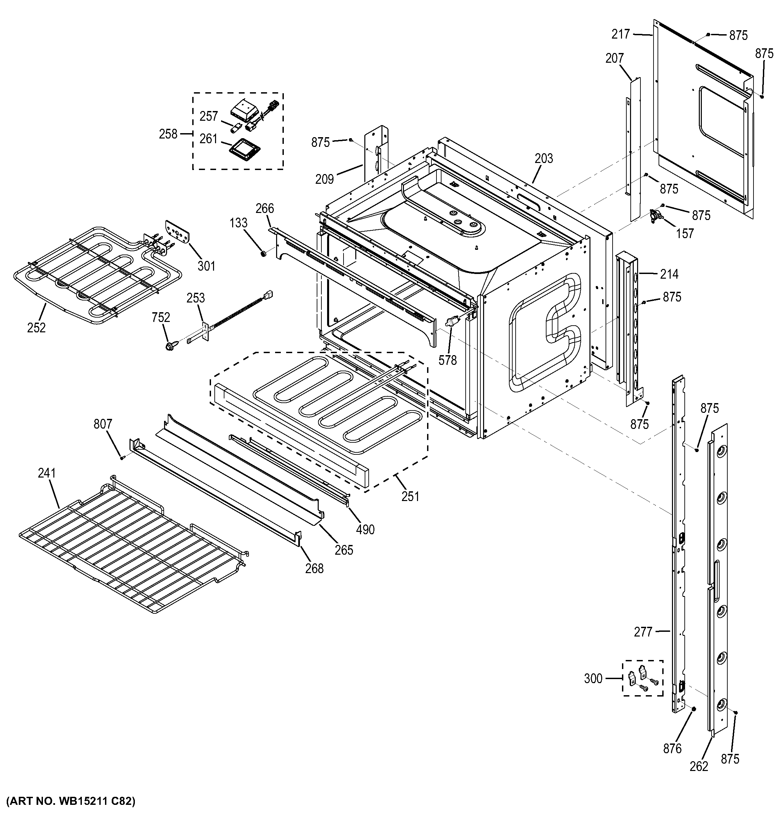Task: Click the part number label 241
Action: (46, 473)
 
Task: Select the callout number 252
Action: (36, 328)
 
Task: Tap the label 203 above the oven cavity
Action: (544, 159)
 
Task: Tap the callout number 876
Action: (672, 749)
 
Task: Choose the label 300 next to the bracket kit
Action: (593, 678)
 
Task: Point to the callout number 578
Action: (448, 360)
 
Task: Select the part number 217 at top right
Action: (621, 34)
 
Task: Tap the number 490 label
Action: (365, 530)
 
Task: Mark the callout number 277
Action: (643, 632)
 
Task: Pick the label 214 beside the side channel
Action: (669, 274)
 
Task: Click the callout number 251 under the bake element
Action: (410, 496)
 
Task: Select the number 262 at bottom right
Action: (699, 766)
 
